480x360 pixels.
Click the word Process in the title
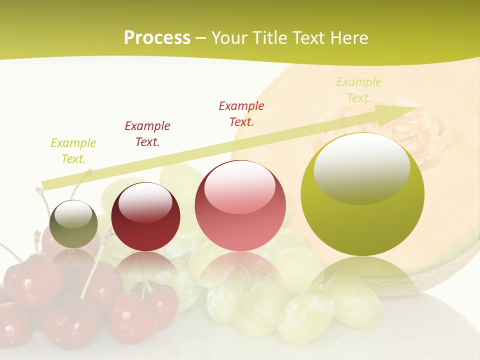[157, 38]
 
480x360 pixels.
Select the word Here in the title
[348, 38]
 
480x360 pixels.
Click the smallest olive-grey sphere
[73, 224]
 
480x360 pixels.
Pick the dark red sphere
[145, 217]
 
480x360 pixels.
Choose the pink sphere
[240, 205]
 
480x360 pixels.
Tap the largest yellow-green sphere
[362, 195]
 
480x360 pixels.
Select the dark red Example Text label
[147, 133]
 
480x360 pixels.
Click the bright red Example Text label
[241, 113]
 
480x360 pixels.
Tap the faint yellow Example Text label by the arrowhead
[359, 90]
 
